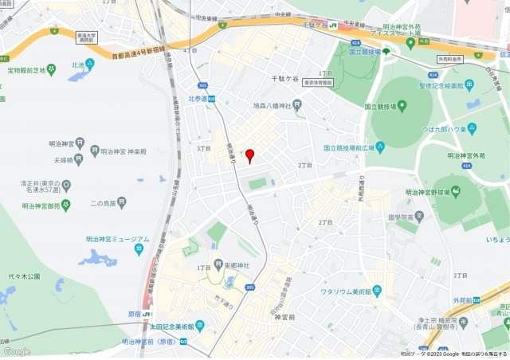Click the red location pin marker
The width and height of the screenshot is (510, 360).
249,155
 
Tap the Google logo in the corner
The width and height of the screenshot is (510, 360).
17,351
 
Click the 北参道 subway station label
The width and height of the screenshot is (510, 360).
198,99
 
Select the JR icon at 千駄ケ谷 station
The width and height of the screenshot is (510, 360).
333,25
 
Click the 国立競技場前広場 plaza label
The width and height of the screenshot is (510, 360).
348,147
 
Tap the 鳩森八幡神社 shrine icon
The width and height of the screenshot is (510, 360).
297,104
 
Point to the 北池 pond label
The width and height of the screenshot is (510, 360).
77,65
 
